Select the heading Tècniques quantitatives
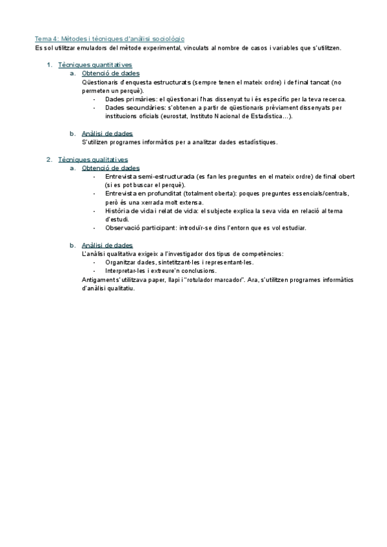[95, 65]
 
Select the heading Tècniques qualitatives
[93, 159]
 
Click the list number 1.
[50, 65]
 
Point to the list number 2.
[50, 159]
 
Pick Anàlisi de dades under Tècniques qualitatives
[107, 245]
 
